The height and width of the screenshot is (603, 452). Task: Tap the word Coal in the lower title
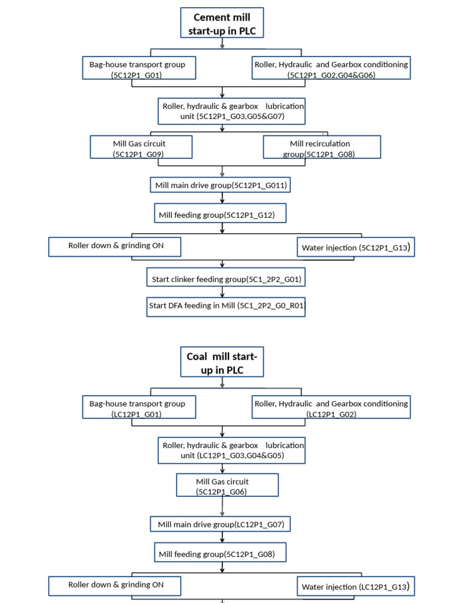pos(198,356)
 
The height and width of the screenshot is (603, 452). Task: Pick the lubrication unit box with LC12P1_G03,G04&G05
pos(231,450)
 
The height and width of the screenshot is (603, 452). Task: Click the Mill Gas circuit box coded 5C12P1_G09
pos(141,147)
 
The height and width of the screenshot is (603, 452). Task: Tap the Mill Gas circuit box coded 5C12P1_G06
pos(227,485)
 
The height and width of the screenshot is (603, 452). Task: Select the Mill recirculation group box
pos(321,147)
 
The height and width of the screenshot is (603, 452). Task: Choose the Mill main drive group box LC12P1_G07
pos(222,524)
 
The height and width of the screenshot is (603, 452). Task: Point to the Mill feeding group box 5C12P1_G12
pos(221,214)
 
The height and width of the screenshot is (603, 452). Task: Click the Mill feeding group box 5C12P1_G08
pos(221,554)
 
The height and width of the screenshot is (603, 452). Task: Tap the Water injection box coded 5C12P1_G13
pos(355,247)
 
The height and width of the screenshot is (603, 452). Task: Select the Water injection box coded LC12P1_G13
pos(355,586)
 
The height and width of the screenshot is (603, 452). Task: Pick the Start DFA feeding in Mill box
pos(226,306)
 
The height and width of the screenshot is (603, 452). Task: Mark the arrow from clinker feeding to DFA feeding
pos(222,291)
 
